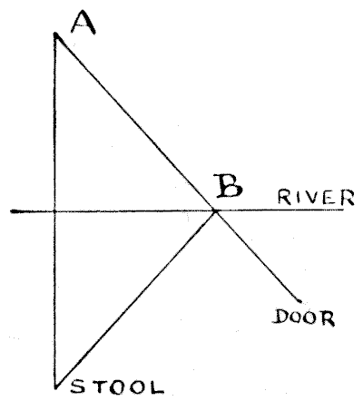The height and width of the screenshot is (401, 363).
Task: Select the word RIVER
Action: click(x=316, y=198)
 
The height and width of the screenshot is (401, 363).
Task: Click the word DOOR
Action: click(x=303, y=318)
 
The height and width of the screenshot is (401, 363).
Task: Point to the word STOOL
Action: click(x=117, y=387)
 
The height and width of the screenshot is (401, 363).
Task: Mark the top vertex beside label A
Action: click(x=55, y=34)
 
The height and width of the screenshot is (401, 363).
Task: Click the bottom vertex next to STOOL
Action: click(x=55, y=386)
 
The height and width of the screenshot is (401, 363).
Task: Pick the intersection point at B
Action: click(x=215, y=210)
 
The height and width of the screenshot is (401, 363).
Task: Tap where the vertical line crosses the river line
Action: click(x=55, y=211)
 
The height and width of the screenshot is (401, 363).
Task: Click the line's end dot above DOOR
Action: click(x=299, y=300)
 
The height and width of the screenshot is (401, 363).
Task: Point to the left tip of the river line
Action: click(x=12, y=211)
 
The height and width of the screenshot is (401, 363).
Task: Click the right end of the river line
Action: click(x=343, y=210)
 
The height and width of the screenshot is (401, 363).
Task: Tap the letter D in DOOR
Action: click(x=280, y=317)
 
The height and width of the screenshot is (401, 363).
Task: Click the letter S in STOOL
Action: click(x=77, y=386)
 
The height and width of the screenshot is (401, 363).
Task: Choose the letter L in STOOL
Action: click(x=157, y=388)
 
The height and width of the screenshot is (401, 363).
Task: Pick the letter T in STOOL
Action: click(x=96, y=386)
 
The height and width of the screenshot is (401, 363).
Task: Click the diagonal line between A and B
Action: click(x=135, y=122)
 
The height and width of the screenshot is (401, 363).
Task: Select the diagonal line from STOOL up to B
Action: click(x=135, y=298)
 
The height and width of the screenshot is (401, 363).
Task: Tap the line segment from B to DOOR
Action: click(x=258, y=256)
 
